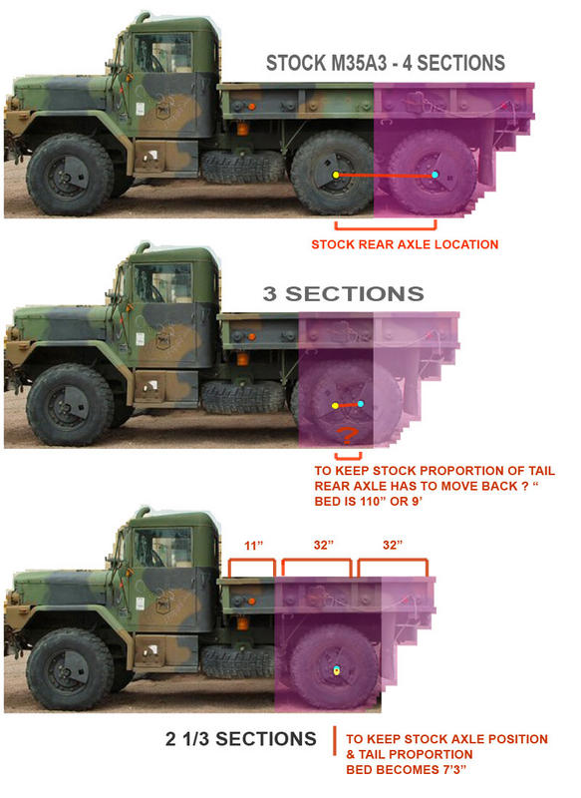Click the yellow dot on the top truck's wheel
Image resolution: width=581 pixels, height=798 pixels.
[x=336, y=176]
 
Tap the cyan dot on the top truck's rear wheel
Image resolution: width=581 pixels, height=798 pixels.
[x=436, y=175]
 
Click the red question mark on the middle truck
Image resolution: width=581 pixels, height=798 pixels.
[x=348, y=435]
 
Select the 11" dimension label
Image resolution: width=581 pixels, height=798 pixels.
[x=254, y=546]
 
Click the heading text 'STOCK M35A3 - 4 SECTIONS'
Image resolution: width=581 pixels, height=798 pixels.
[x=386, y=63]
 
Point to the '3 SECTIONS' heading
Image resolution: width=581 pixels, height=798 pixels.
[x=343, y=293]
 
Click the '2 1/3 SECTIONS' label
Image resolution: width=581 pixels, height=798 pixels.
[x=240, y=739]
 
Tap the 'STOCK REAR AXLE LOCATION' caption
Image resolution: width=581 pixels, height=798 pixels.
[x=405, y=244]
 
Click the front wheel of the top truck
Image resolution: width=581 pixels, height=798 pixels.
[x=70, y=175]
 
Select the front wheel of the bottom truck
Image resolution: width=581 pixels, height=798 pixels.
[x=70, y=668]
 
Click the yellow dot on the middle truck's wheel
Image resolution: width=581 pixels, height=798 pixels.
[x=335, y=406]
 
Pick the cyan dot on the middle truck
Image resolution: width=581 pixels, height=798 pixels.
[x=361, y=404]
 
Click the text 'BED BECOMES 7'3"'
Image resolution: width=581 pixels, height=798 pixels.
[x=406, y=769]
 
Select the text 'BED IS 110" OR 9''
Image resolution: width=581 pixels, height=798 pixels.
[x=369, y=502]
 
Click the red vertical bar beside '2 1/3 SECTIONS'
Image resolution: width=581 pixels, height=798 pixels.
[x=335, y=741]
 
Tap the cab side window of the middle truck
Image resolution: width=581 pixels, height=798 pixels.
[x=162, y=282]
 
